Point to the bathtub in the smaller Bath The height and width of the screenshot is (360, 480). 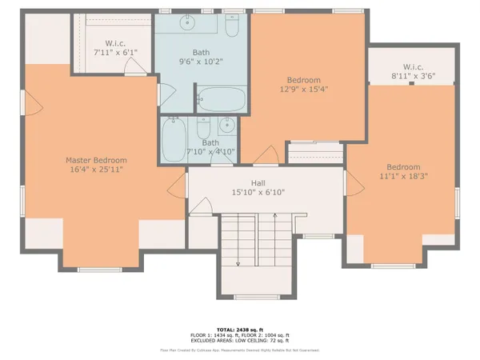(x=174, y=141)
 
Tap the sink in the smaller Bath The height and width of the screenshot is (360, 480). (x=227, y=126)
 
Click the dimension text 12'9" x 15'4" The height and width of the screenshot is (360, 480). (x=304, y=90)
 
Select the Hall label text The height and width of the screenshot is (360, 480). (x=258, y=182)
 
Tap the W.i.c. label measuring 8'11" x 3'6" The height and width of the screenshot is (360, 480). (x=413, y=67)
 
